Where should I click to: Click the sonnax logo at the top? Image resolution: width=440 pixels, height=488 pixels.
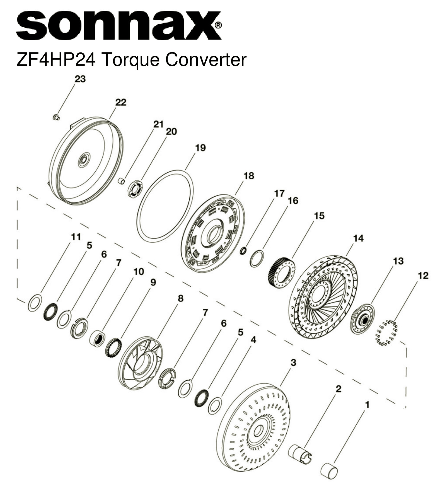[x=119, y=26]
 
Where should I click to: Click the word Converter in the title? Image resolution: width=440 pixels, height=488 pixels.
[x=206, y=59]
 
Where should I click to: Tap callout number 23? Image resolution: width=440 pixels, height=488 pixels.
[x=80, y=79]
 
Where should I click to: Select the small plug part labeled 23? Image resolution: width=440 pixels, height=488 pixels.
[x=56, y=117]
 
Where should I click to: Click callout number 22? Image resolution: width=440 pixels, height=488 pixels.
[x=121, y=102]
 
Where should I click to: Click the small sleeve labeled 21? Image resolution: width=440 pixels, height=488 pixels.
[x=121, y=181]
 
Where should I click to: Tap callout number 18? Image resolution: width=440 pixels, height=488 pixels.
[x=249, y=176]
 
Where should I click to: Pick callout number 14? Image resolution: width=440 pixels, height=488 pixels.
[x=358, y=238]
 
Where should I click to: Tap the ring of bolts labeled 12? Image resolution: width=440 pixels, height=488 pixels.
[x=386, y=333]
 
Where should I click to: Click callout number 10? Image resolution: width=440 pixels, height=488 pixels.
[x=139, y=271]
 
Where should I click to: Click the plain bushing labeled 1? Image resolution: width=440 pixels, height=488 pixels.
[x=329, y=471]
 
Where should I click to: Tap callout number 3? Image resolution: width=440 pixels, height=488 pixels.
[x=293, y=363]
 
